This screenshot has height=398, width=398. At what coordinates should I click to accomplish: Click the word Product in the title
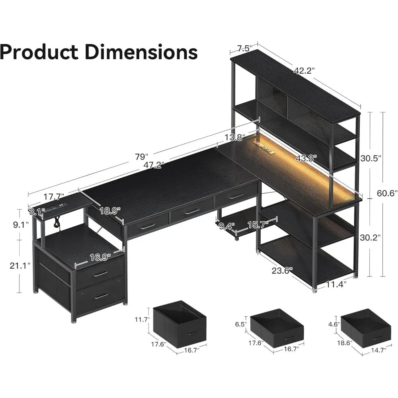(x=39, y=52)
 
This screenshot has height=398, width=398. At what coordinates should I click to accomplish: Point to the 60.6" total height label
(x=387, y=194)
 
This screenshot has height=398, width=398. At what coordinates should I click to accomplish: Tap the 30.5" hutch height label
(x=371, y=158)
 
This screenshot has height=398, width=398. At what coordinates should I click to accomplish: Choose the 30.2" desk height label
(x=370, y=238)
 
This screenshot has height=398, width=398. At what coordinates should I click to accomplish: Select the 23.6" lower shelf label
(x=282, y=270)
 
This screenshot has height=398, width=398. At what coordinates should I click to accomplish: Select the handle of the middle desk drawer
(x=192, y=212)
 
